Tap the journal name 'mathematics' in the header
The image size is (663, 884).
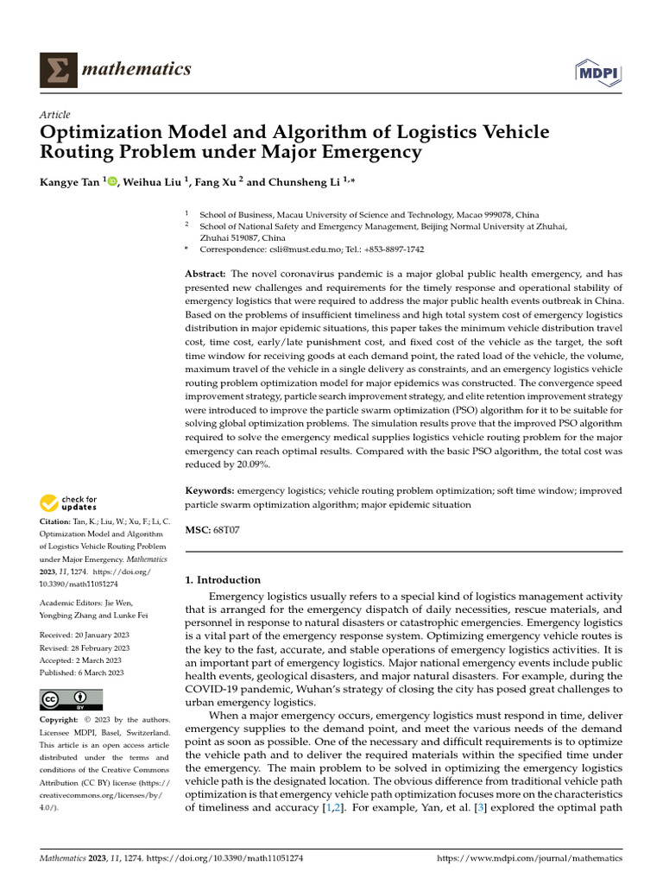pyautogui.click(x=136, y=69)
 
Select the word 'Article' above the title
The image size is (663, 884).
pyautogui.click(x=55, y=115)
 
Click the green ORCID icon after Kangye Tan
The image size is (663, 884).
pyautogui.click(x=110, y=181)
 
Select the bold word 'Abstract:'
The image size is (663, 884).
pyautogui.click(x=205, y=274)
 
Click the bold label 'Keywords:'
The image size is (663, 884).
pyautogui.click(x=210, y=490)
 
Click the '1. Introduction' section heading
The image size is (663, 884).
pyautogui.click(x=223, y=580)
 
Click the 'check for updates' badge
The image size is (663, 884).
pyautogui.click(x=68, y=502)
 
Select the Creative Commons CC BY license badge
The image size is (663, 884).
pyautogui.click(x=71, y=699)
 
